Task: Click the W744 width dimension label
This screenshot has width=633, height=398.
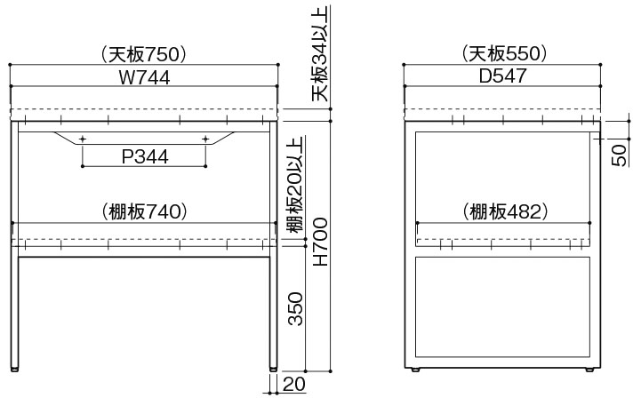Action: [144, 77]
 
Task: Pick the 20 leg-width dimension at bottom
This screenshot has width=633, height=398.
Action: [293, 384]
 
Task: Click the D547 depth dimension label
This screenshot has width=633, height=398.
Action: [503, 77]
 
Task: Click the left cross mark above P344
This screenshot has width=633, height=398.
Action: [83, 139]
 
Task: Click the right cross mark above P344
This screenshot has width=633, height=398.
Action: [205, 139]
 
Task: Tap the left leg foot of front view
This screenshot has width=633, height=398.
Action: [15, 368]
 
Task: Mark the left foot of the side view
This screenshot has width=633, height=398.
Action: [417, 369]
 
